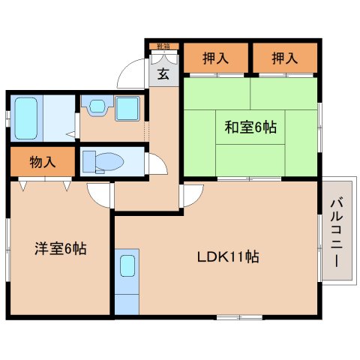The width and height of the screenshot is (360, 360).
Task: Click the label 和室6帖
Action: click(x=250, y=127)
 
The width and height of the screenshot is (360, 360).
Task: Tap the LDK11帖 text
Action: click(x=229, y=256)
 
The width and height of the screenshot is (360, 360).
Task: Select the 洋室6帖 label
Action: click(x=59, y=248)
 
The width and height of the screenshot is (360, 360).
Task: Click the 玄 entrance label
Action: click(x=163, y=73)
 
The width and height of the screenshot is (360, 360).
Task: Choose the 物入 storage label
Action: click(x=42, y=160)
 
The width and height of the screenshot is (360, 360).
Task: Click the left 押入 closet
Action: click(x=215, y=58)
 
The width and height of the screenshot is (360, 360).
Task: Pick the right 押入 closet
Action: click(x=284, y=58)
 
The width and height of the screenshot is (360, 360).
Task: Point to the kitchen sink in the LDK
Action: click(x=127, y=266)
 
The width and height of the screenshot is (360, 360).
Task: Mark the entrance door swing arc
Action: click(x=130, y=73)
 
